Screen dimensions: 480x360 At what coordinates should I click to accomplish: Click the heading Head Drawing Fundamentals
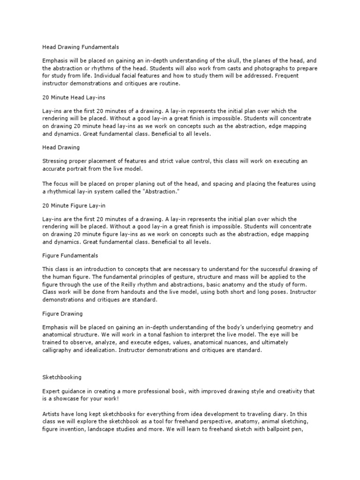81,47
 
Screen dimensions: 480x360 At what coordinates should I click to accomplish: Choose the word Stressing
55,161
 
